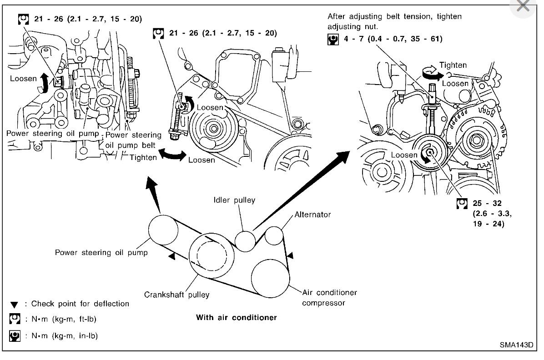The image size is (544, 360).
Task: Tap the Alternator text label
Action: pos(312,214)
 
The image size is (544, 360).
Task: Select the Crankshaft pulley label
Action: pos(176,294)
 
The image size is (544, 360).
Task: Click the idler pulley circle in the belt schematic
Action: pos(246,240)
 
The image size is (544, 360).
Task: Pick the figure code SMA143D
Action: pos(516,344)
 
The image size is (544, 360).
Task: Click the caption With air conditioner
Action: pos(236,317)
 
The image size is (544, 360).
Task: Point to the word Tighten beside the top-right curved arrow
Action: pos(453,65)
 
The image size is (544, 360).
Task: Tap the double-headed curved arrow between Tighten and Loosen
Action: pos(168,156)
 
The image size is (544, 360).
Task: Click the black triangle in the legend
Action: pos(15,304)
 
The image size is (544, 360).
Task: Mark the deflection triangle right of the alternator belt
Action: pos(291,257)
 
